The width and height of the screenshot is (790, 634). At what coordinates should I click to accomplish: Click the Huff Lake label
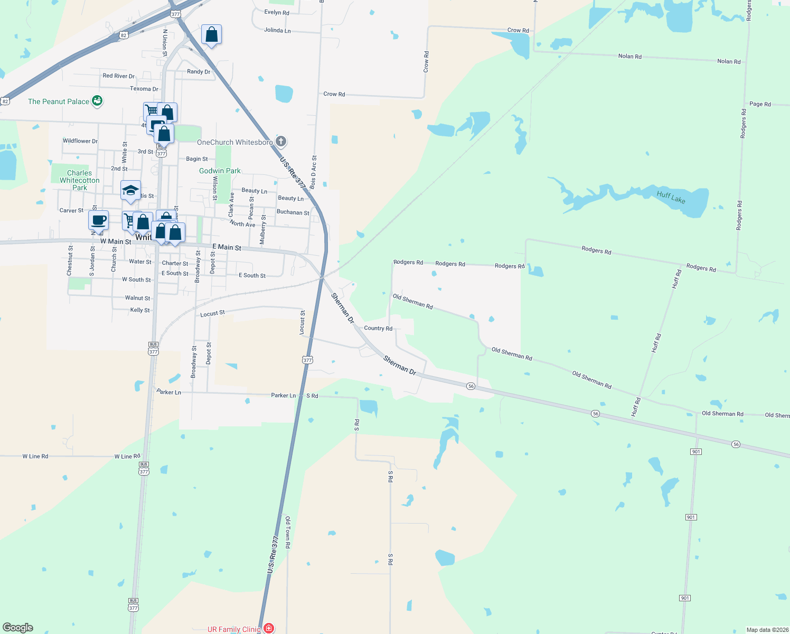click(671, 197)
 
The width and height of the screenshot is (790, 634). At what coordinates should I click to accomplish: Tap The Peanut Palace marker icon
click(97, 100)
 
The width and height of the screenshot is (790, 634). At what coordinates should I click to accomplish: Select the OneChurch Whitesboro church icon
click(281, 141)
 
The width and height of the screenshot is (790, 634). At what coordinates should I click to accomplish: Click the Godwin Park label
click(220, 171)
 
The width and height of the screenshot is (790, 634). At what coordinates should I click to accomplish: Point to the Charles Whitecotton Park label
click(80, 180)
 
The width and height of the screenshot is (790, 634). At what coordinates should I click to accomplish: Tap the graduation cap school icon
click(130, 191)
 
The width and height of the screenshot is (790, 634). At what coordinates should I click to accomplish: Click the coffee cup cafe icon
click(99, 220)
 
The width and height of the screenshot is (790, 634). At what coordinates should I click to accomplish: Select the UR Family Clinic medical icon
click(269, 628)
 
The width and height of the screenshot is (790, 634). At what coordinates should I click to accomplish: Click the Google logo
click(18, 628)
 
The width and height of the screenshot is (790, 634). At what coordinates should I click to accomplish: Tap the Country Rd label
click(378, 328)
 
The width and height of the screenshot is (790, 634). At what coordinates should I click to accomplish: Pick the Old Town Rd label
click(288, 532)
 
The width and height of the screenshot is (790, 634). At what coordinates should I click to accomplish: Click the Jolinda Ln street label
click(277, 30)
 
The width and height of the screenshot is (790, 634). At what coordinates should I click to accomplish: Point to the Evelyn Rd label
click(277, 12)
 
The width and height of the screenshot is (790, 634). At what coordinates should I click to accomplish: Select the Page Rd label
click(760, 104)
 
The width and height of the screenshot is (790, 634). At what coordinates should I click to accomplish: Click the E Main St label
click(227, 247)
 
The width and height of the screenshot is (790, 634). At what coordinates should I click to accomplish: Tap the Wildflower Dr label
click(80, 141)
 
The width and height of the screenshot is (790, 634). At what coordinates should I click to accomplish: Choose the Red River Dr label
click(118, 76)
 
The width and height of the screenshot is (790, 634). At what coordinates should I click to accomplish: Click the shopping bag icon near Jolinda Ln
click(211, 35)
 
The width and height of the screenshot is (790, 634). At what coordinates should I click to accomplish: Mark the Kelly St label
click(140, 310)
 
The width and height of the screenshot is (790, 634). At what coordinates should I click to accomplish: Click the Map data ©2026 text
click(767, 630)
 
